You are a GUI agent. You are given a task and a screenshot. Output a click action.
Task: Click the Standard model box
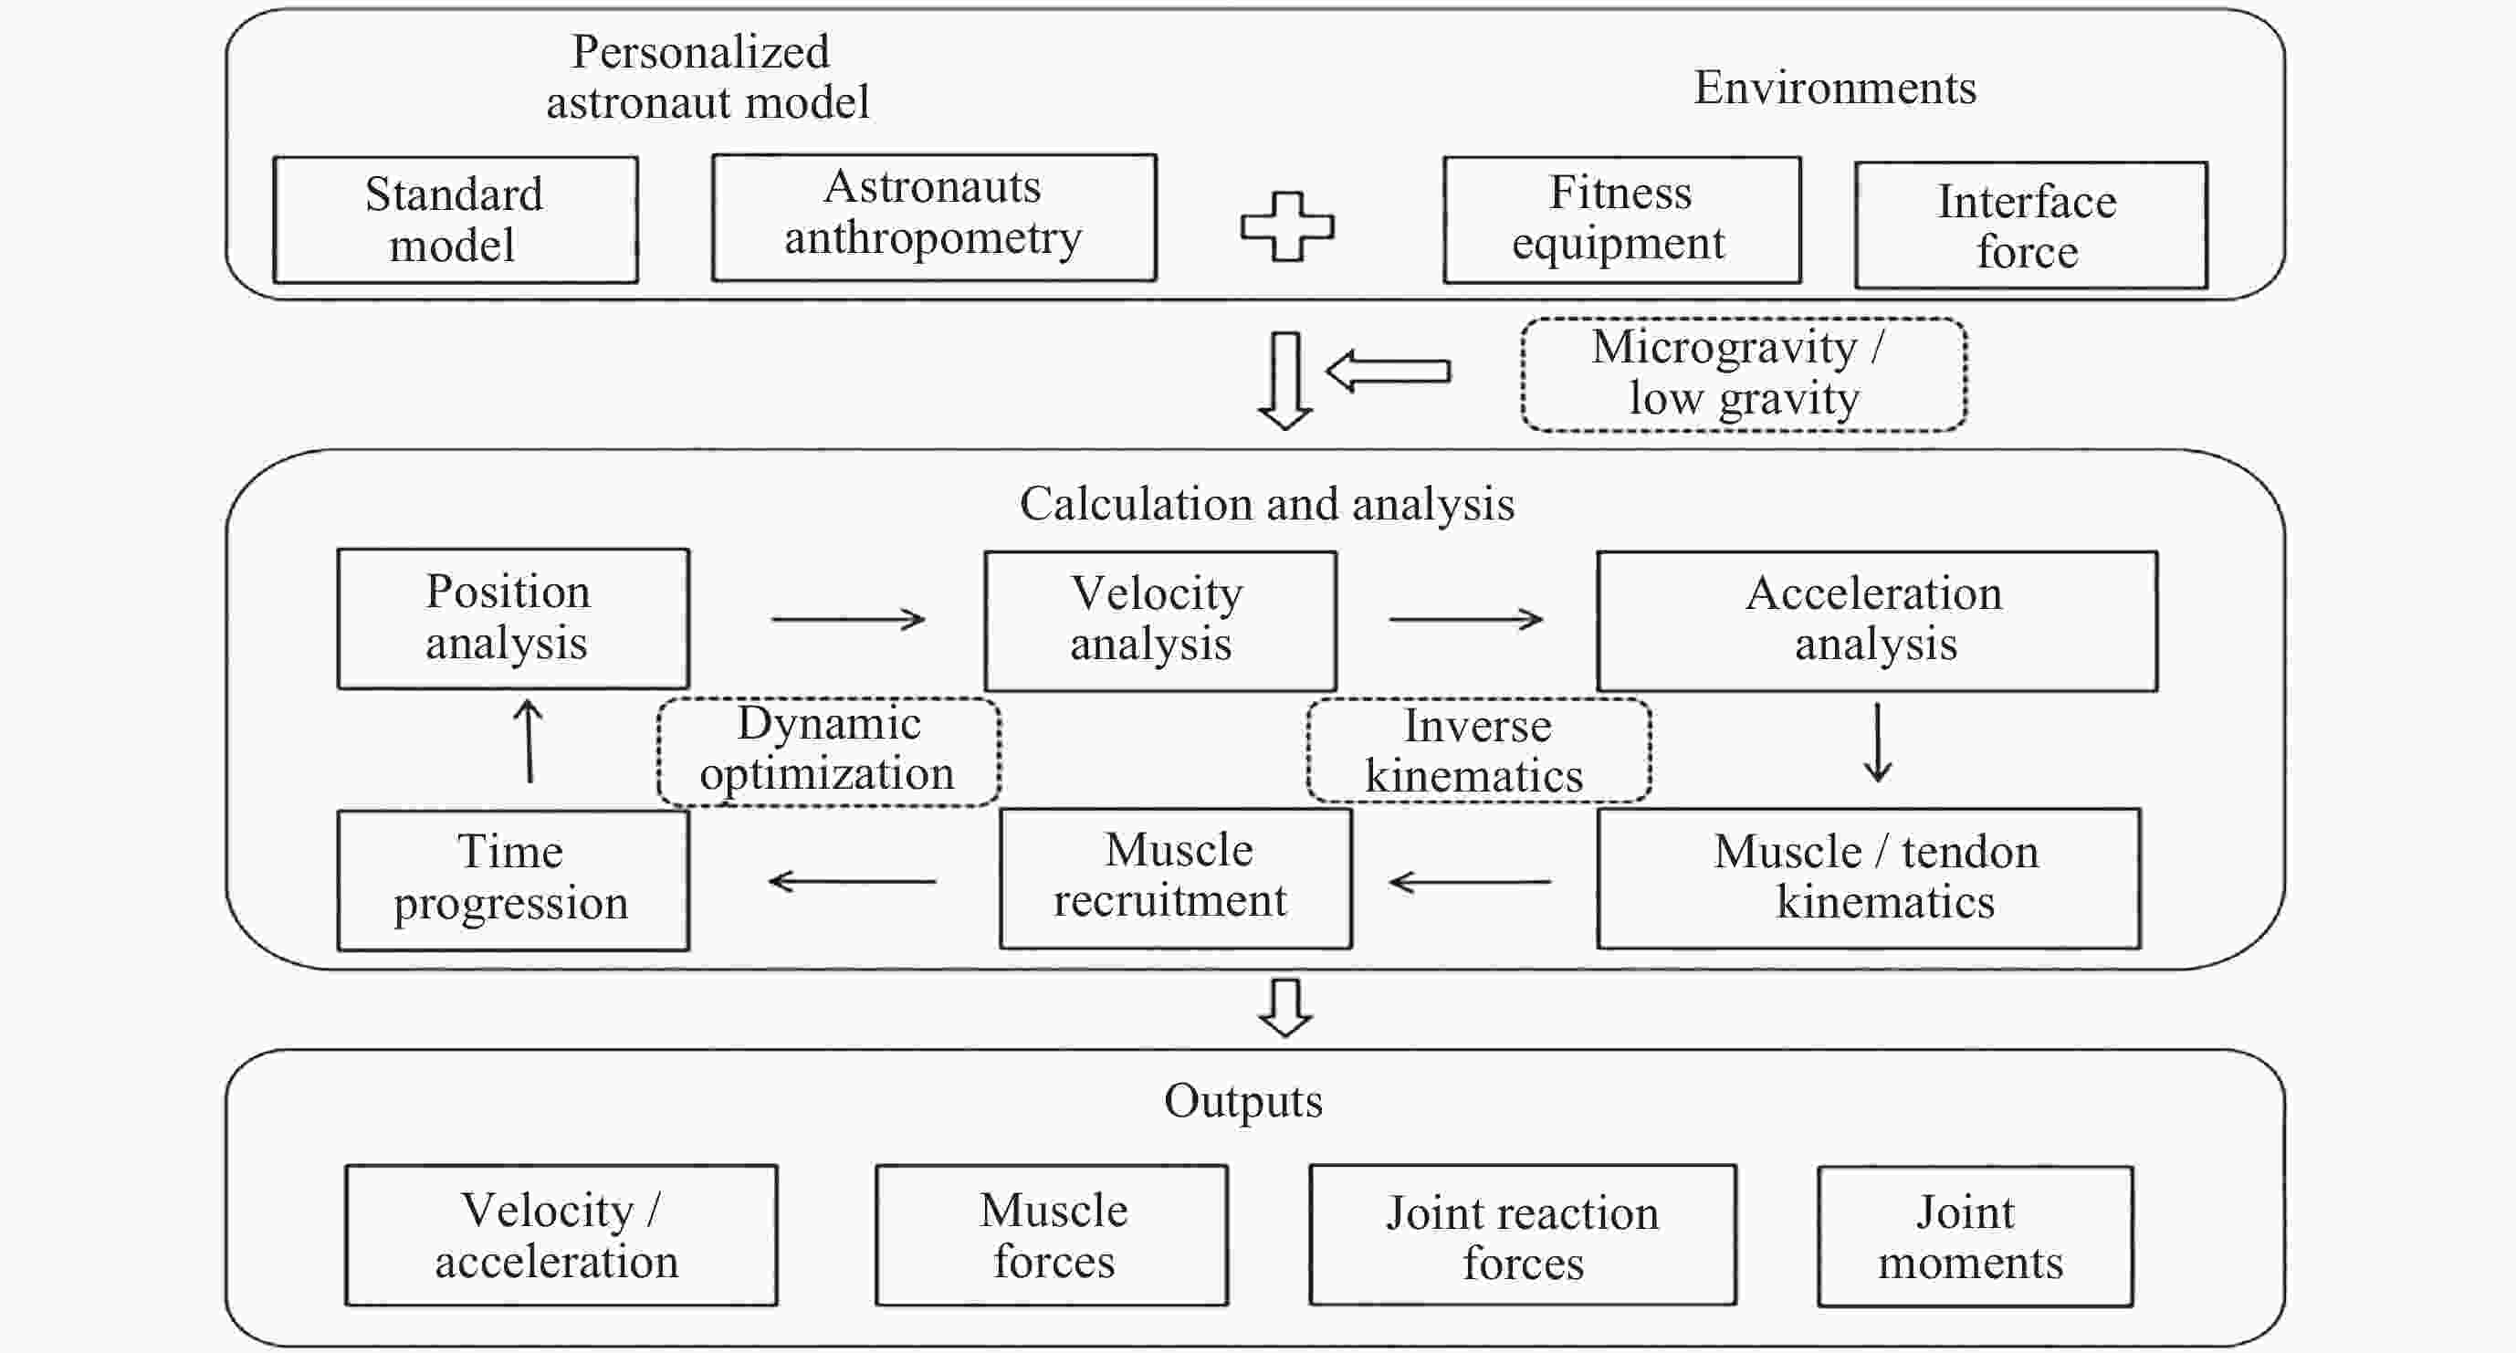pos(456,220)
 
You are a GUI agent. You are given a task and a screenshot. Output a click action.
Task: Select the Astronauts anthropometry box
pos(934,217)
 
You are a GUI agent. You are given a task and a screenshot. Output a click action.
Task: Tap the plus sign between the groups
pos(1286,226)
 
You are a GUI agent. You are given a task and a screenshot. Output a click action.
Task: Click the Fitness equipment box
pos(1621,220)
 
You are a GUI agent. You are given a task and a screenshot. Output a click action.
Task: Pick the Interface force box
pos(2030,225)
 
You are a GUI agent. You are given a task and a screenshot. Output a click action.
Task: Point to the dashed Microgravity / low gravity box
pos(1744,374)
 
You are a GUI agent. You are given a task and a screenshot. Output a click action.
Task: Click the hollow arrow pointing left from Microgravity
pos(1388,372)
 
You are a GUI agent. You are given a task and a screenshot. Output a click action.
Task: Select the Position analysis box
pos(513,618)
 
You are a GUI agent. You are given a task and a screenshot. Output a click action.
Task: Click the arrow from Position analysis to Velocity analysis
pos(848,618)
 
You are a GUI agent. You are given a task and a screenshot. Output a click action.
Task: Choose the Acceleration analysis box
pos(1876,620)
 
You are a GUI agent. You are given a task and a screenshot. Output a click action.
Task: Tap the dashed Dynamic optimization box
pos(828,751)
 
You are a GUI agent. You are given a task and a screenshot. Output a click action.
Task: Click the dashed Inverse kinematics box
pos(1478,750)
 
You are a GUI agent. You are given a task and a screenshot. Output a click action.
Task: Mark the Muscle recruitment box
pos(1175,877)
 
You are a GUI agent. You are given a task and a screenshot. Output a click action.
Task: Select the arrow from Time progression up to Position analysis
pos(529,740)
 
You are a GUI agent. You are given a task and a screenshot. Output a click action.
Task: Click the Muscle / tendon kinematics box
pos(1869,878)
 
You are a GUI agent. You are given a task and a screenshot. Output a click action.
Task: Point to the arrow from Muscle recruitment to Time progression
pos(852,881)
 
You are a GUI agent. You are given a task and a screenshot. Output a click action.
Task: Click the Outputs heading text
pos(1242,1101)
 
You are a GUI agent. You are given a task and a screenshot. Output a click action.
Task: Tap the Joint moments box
pos(1975,1236)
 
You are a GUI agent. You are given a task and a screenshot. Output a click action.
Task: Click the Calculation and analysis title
pos(1267,504)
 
